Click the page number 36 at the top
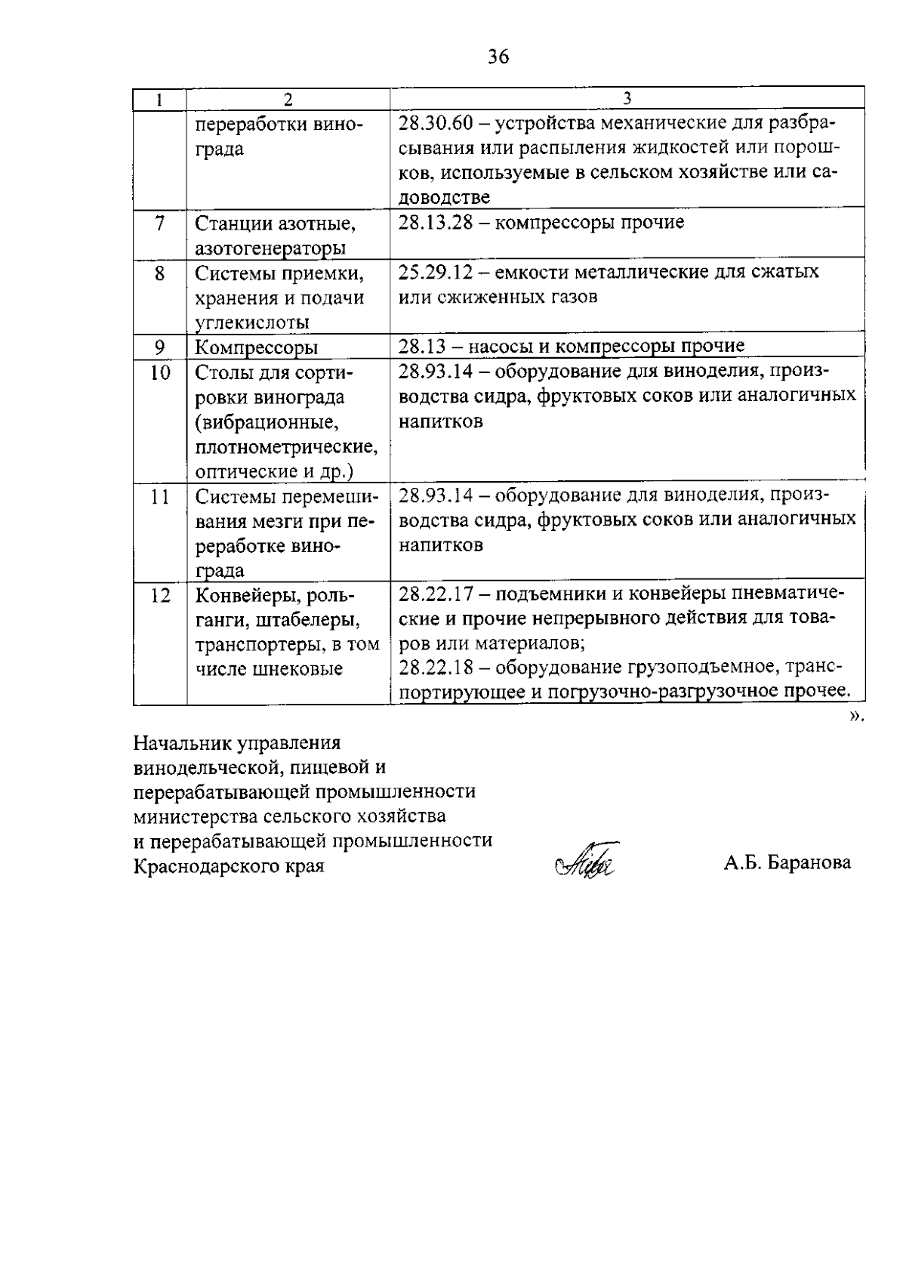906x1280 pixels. [x=498, y=56]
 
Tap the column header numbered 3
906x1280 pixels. [x=627, y=99]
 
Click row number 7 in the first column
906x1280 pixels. [x=159, y=224]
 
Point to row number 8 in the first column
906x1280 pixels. [x=159, y=273]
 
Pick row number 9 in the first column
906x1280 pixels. [x=159, y=347]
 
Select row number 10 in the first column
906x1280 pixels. [x=160, y=372]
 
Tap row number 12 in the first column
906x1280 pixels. [x=160, y=596]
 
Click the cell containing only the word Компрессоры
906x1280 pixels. [x=256, y=348]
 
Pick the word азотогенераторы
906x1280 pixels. [x=271, y=248]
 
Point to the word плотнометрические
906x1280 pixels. [x=286, y=447]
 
